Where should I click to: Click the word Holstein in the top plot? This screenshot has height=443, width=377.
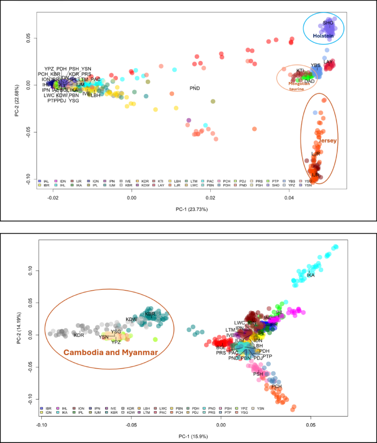[324, 36]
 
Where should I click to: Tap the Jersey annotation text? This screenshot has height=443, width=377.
[326, 141]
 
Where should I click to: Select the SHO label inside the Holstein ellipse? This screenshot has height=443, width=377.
[328, 23]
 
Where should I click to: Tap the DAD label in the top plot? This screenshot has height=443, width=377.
[309, 81]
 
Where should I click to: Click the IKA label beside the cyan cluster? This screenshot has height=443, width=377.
[310, 275]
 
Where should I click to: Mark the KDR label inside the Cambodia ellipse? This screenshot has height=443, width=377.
[79, 335]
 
